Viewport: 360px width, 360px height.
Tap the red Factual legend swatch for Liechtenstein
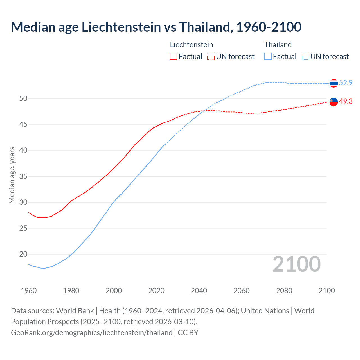tap(174, 57)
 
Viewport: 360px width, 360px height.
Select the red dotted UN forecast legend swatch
tap(211, 57)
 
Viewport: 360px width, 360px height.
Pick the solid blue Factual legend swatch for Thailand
tap(268, 57)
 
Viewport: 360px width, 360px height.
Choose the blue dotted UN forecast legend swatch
tap(305, 57)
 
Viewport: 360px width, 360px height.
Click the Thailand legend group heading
tap(278, 45)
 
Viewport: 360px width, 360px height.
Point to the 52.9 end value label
tap(346, 83)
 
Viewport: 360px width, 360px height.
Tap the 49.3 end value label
tap(346, 101)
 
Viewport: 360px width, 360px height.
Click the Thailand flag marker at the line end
tap(334, 83)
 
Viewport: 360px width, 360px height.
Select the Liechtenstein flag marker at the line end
tap(334, 102)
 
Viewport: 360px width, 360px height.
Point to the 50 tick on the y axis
tap(23, 98)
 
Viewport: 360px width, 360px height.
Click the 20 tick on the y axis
tap(23, 254)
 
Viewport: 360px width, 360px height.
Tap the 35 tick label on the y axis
tap(23, 176)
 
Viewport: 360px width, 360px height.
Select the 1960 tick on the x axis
tap(29, 291)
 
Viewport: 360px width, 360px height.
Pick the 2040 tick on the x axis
tap(199, 291)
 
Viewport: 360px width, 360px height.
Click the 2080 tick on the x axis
tap(284, 291)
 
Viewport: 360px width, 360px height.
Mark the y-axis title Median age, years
tap(12, 175)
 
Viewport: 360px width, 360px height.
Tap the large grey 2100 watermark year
tap(297, 264)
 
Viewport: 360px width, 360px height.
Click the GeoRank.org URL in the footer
tap(92, 333)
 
